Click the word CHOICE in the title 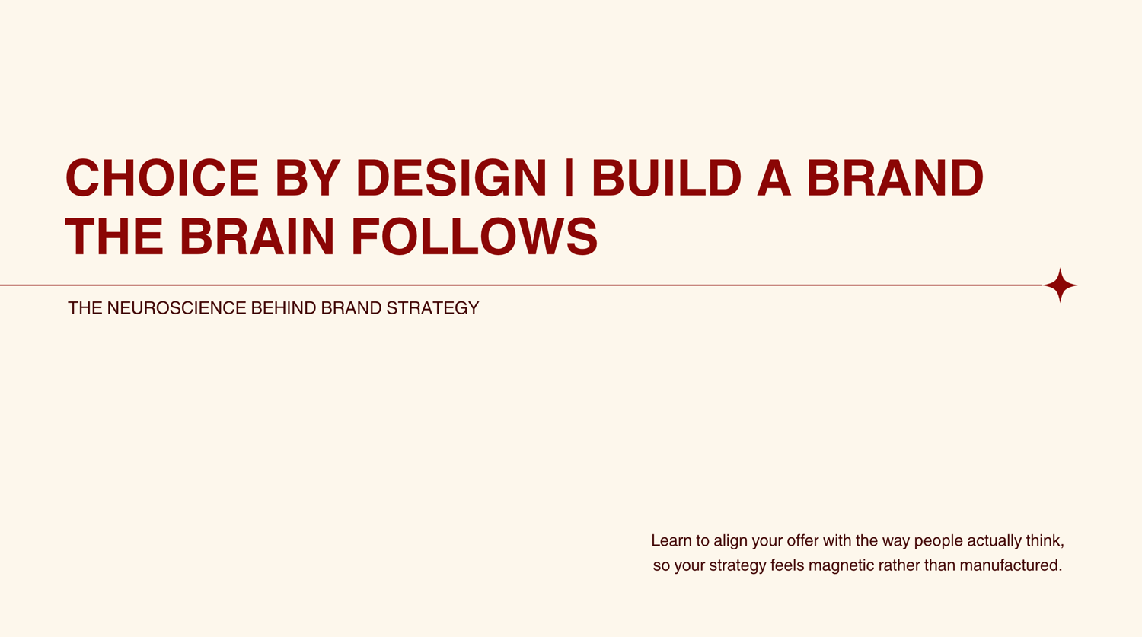(x=162, y=177)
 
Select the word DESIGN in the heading (x=451, y=177)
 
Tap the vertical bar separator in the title (x=569, y=177)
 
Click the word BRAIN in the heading (x=257, y=237)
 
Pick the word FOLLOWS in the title (x=474, y=237)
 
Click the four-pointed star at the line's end (x=1061, y=285)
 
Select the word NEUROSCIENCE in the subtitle (x=177, y=307)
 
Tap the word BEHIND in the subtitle (x=284, y=307)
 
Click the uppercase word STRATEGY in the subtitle (x=433, y=307)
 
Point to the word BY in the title (x=308, y=177)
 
